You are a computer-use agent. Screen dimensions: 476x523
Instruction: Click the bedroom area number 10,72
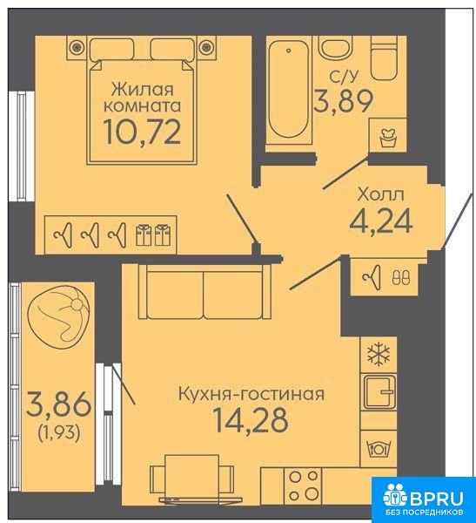[x=143, y=132]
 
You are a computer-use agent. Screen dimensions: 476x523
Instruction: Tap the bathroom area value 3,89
[x=343, y=101]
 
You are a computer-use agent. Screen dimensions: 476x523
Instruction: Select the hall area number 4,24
[x=381, y=221]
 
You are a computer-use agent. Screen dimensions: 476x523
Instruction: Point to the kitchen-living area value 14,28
[x=251, y=420]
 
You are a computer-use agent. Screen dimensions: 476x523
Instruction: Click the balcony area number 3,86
[x=58, y=404]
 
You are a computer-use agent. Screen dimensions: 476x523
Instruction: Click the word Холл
[x=380, y=194]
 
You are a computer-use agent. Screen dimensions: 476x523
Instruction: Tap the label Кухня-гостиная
[x=251, y=394]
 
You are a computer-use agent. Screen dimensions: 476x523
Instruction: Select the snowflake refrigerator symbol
[x=379, y=355]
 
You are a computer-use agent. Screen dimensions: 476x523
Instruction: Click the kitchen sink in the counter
[x=379, y=392]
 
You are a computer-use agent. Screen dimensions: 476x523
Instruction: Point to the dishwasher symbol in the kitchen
[x=379, y=448]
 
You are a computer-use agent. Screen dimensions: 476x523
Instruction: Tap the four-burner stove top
[x=303, y=486]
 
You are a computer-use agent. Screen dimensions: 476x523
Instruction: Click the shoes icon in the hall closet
[x=401, y=277]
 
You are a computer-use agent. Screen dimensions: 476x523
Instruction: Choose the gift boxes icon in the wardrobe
[x=153, y=235]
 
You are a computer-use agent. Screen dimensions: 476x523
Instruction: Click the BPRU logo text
[x=436, y=499]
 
